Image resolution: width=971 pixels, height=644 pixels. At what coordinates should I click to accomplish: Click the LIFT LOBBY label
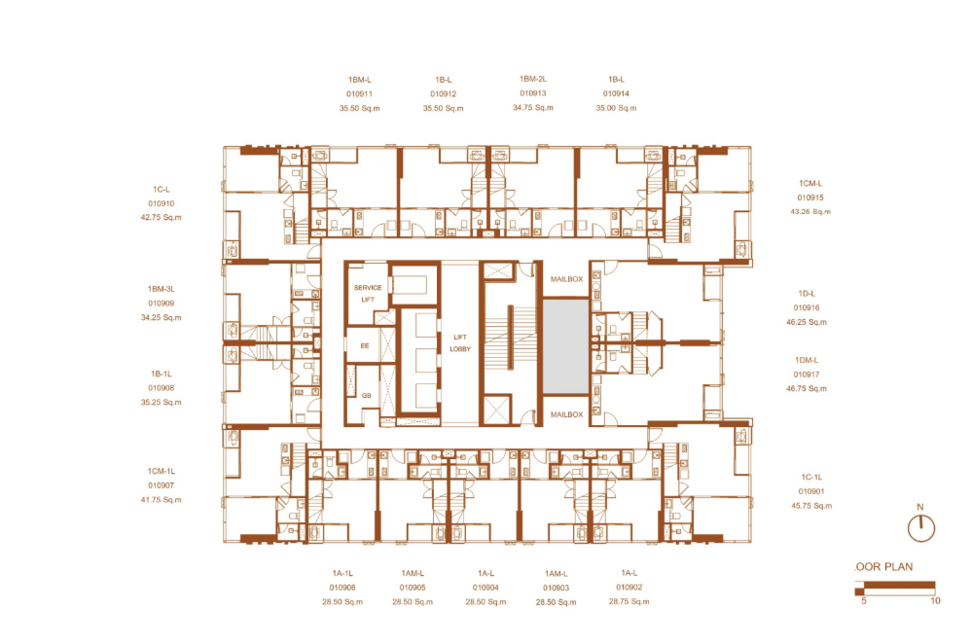[460, 343]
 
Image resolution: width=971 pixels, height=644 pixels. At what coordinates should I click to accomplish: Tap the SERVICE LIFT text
[368, 294]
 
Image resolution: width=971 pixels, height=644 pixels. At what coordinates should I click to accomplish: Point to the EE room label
[365, 345]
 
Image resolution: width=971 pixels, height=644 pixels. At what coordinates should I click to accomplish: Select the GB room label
[367, 395]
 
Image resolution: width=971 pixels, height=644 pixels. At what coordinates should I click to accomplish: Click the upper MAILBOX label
[566, 279]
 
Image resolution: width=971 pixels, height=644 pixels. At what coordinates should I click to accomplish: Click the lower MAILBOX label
[566, 414]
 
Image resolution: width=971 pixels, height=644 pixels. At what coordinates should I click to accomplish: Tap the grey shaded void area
[565, 346]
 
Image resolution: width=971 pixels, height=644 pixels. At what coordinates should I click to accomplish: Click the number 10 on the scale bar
[935, 600]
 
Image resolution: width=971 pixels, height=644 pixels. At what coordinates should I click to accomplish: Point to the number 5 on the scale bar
[864, 600]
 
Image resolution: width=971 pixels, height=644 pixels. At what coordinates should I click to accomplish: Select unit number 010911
[359, 94]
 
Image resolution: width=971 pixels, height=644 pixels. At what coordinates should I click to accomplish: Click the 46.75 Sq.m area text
[807, 389]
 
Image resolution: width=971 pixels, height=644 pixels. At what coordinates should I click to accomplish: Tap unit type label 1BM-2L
[533, 79]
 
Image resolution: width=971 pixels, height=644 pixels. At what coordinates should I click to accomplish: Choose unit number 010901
[811, 491]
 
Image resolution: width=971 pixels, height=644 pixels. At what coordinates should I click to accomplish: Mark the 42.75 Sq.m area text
[161, 217]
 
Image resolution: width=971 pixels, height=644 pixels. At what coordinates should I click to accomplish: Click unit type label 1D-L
[807, 294]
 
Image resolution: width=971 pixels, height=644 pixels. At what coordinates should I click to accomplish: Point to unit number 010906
[342, 588]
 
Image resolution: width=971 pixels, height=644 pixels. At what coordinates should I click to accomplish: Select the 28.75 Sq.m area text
[629, 601]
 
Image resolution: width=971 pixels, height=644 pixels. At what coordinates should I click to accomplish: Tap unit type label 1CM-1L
[161, 471]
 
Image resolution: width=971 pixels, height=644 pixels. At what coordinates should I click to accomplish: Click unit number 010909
[161, 304]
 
